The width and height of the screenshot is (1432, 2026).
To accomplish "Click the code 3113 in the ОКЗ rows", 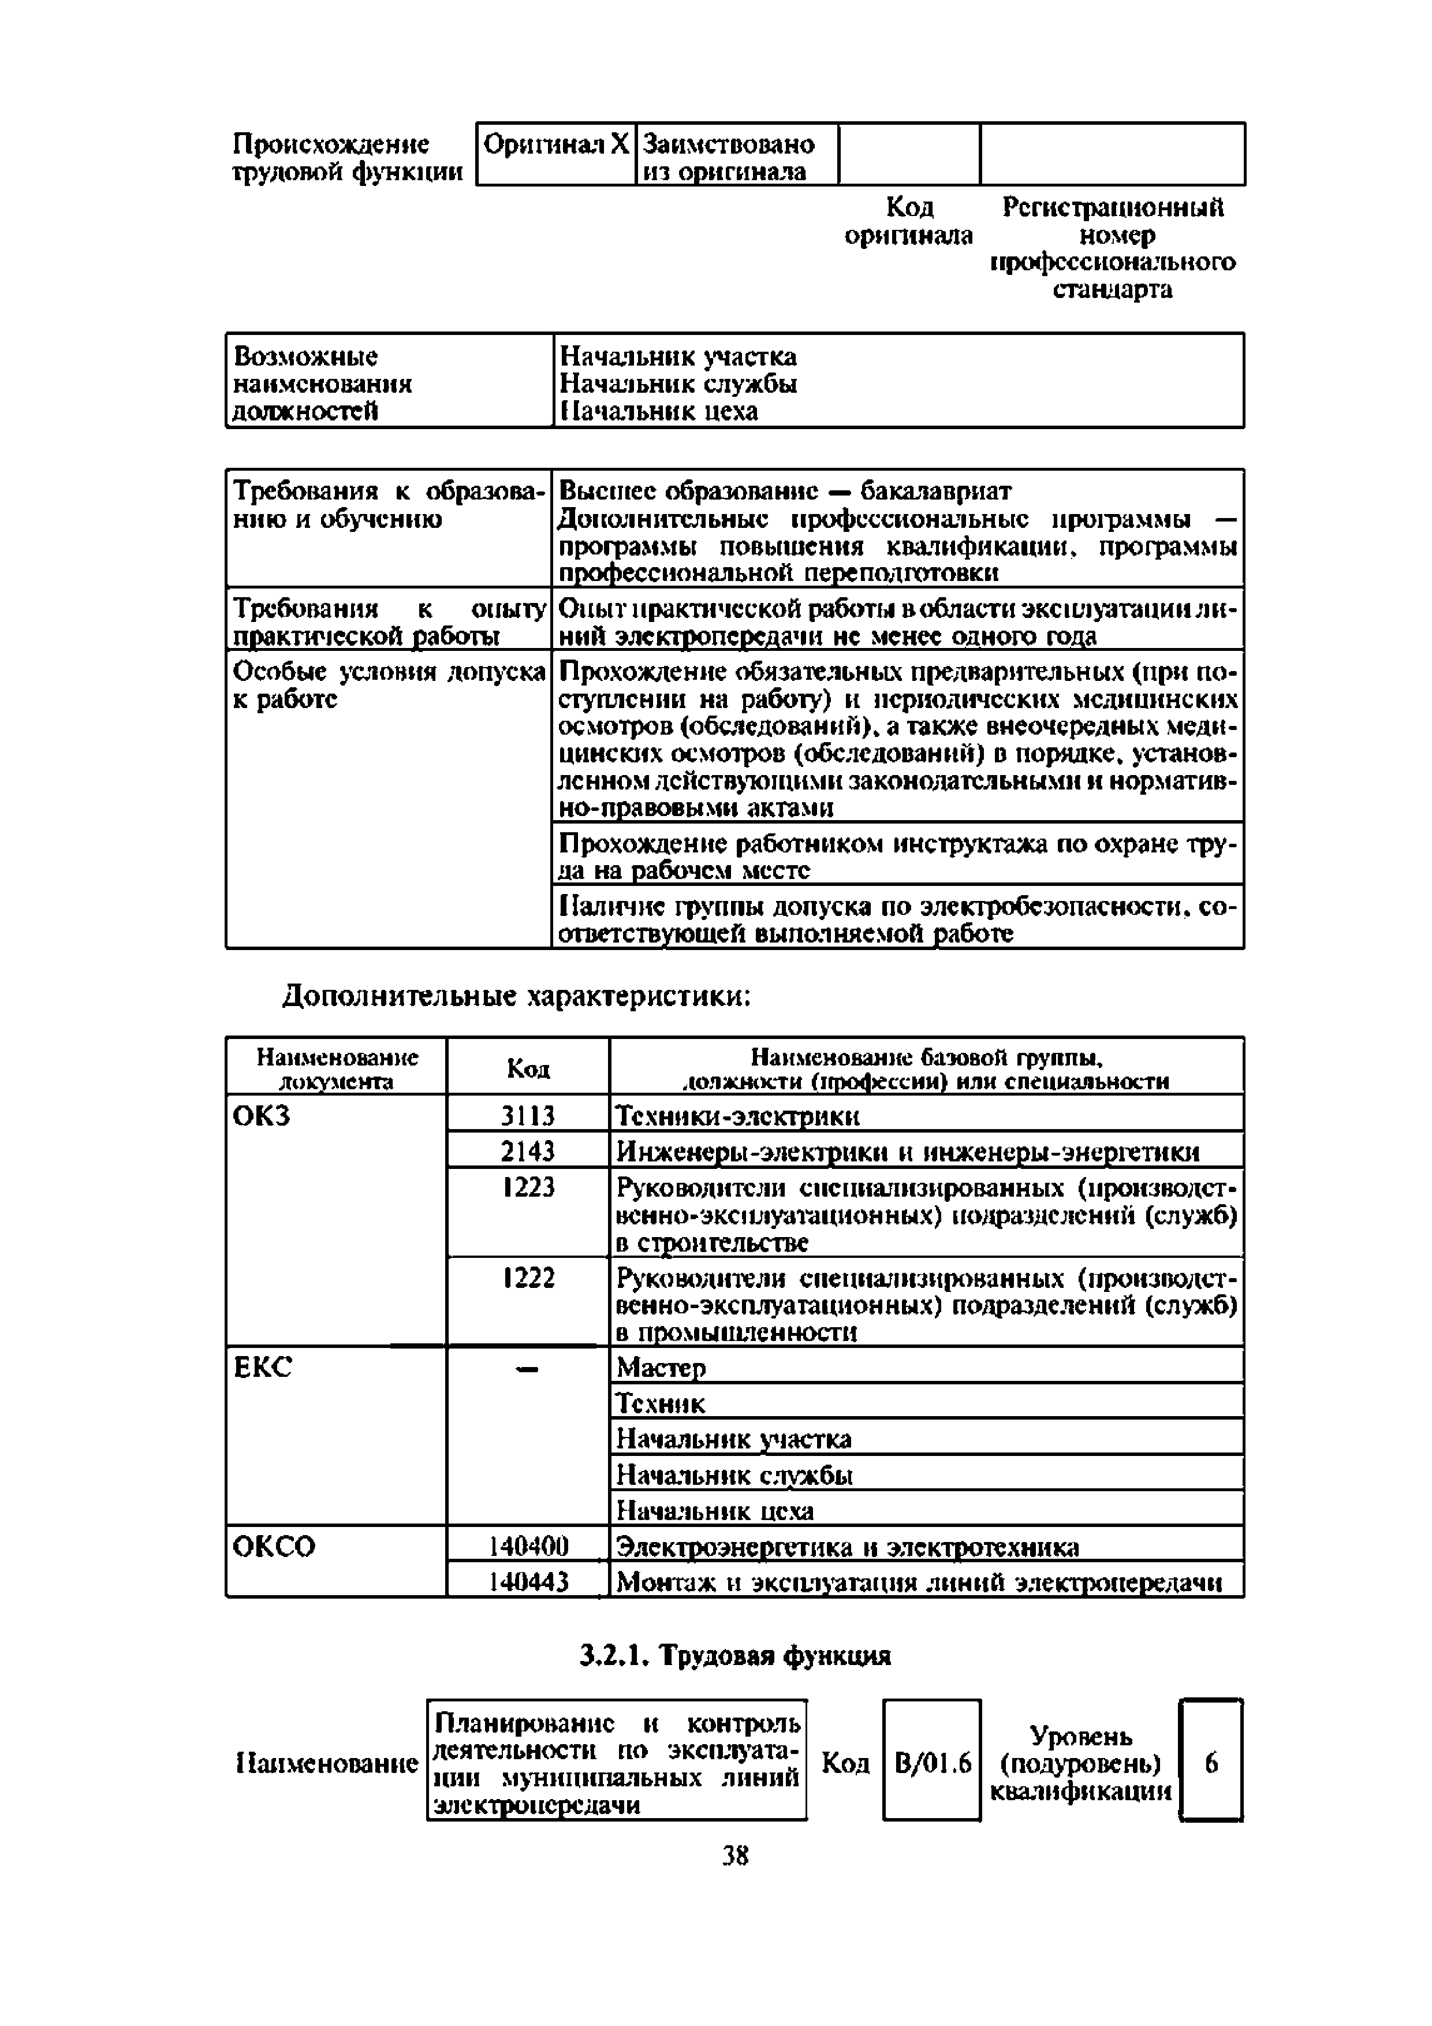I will coord(528,1116).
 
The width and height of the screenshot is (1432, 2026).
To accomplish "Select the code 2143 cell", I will coord(528,1152).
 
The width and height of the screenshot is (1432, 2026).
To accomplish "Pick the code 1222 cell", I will coord(528,1278).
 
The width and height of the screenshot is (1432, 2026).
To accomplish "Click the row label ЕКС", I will coord(262,1368).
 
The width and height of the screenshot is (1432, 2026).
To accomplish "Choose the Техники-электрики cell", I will coord(737,1116).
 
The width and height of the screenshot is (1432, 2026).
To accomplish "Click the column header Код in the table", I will coord(528,1068).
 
